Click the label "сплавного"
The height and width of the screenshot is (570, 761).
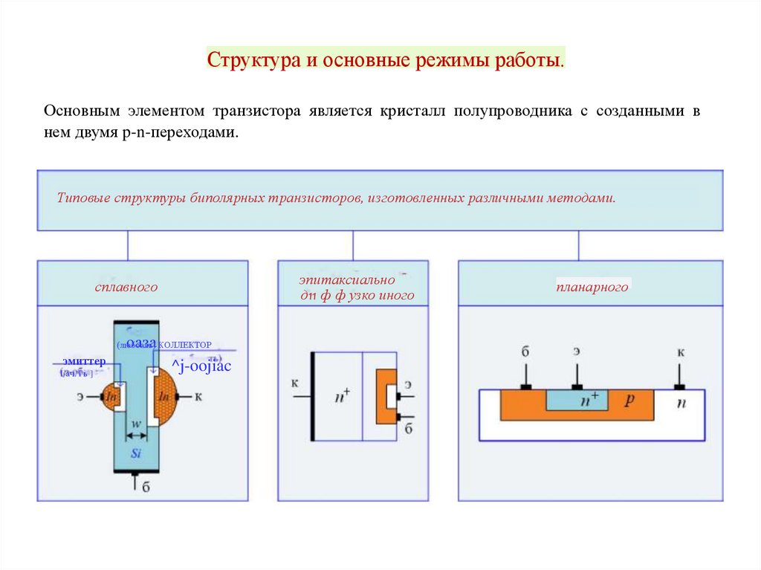tap(126, 287)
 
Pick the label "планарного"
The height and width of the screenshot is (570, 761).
tap(592, 287)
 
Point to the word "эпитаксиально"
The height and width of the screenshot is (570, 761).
tap(347, 280)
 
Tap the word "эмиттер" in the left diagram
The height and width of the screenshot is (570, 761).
tap(84, 361)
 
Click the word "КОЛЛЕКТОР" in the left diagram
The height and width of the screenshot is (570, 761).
tap(185, 345)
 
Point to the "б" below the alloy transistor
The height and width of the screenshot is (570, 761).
tap(146, 488)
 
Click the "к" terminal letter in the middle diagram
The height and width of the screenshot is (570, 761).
tap(295, 383)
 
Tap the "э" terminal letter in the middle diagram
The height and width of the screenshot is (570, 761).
tap(408, 383)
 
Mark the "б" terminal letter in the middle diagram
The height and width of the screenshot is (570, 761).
tap(409, 427)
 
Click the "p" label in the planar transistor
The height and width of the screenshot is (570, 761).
tap(629, 399)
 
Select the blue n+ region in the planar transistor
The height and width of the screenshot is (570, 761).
tap(577, 399)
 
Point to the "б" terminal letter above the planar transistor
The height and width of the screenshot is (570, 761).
tap(525, 350)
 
